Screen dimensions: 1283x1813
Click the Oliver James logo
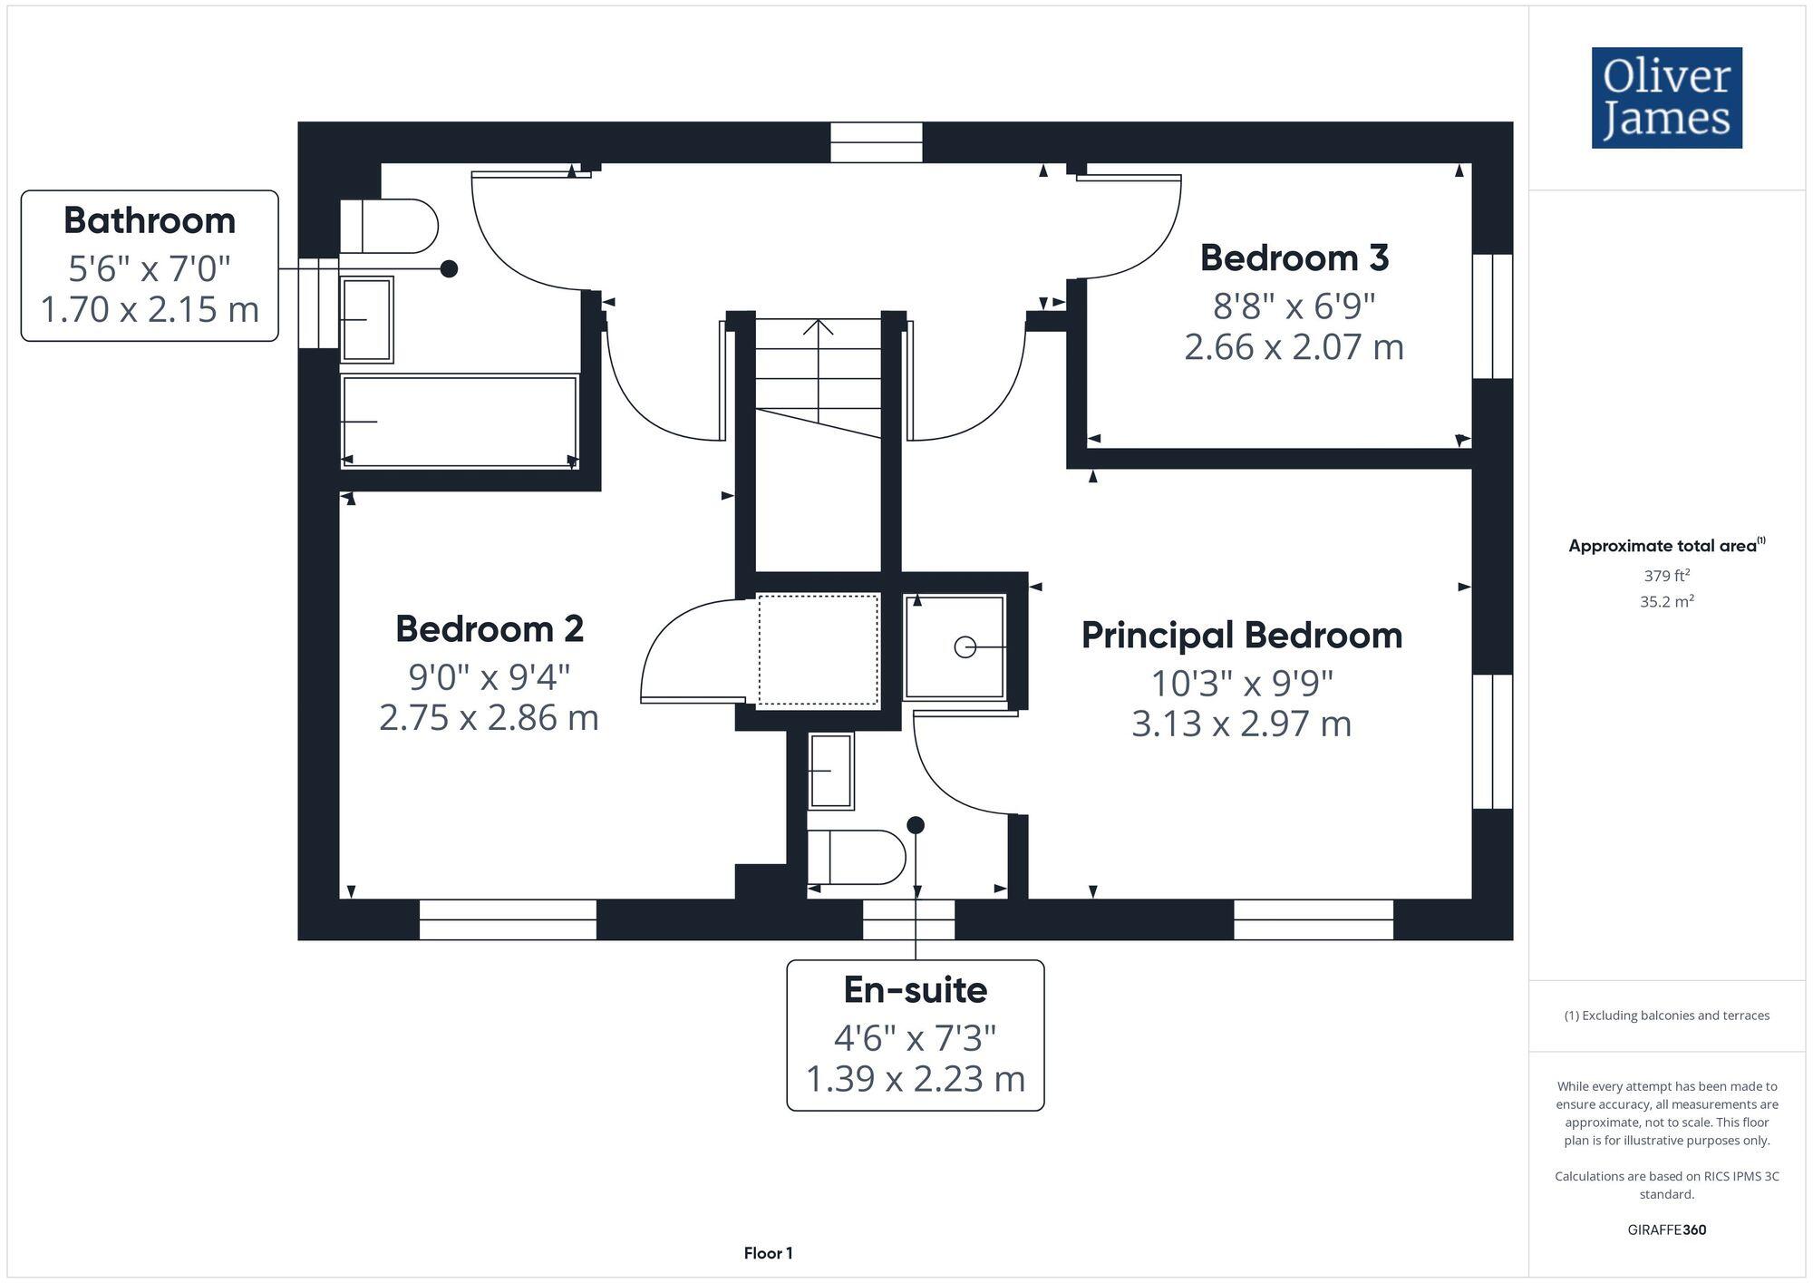tap(1666, 98)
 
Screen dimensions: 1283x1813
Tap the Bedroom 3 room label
tap(1294, 258)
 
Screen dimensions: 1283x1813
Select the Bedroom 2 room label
tap(489, 629)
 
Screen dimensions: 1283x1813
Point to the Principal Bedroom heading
tap(1241, 636)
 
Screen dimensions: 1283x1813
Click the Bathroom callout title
tap(150, 221)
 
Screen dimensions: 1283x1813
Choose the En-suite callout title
tap(915, 990)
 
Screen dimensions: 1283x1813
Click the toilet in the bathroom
tap(390, 226)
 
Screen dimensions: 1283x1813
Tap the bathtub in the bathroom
tap(460, 423)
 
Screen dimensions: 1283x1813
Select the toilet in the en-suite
tap(857, 857)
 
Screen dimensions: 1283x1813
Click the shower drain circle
tap(965, 647)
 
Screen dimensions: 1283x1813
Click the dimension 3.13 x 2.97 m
tap(1241, 724)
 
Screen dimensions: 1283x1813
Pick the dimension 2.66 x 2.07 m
tap(1294, 347)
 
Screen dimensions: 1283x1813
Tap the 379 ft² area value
tap(1666, 576)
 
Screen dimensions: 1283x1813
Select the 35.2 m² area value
tap(1666, 601)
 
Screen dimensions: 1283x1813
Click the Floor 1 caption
tap(768, 1253)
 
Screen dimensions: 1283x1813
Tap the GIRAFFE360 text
tap(1666, 1230)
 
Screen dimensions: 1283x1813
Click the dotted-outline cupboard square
tap(818, 649)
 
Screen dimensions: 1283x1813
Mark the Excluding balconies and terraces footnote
tap(1666, 1016)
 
